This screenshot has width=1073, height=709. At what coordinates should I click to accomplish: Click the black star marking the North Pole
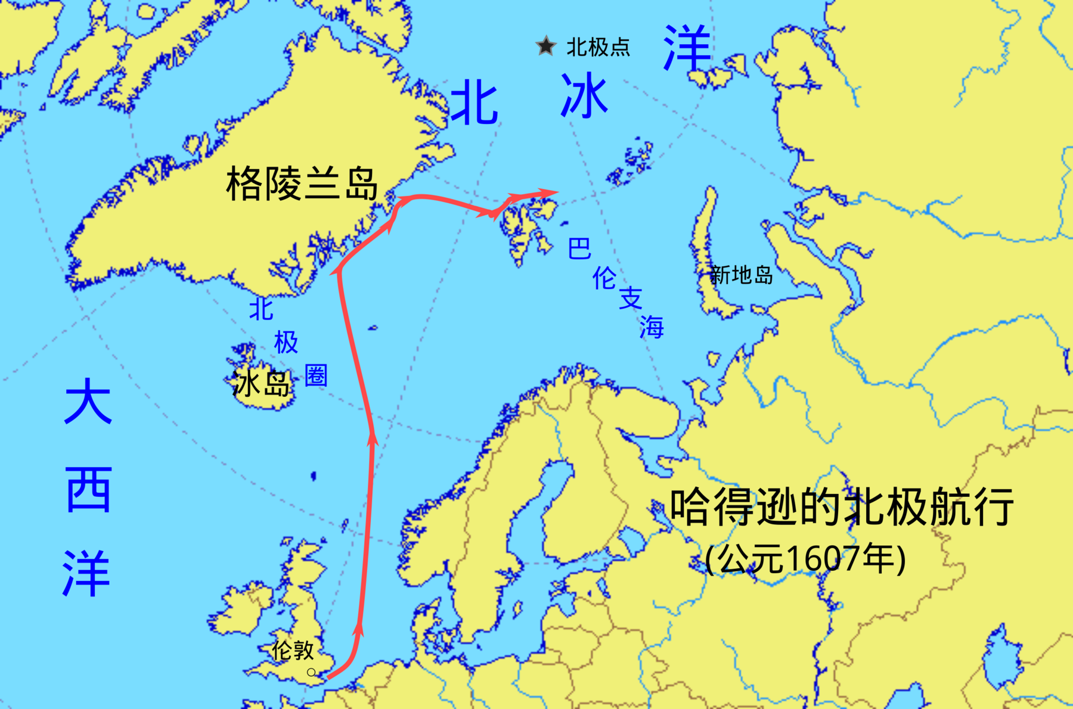[x=545, y=46]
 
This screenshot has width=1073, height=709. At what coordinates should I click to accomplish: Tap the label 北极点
[x=598, y=47]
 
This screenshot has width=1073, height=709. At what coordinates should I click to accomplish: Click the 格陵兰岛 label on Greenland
[x=302, y=184]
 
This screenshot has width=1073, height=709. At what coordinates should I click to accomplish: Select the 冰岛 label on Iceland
[x=261, y=383]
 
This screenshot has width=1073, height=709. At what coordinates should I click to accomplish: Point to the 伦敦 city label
[x=293, y=650]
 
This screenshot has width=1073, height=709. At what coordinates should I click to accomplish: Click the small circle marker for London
[x=311, y=672]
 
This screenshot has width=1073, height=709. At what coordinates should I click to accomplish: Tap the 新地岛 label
[x=741, y=275]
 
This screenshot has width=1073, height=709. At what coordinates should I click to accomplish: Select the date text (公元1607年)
[x=805, y=559]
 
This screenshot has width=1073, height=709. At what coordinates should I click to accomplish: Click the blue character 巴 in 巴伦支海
[x=579, y=248]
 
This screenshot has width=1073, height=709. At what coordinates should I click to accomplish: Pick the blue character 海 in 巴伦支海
[x=652, y=326]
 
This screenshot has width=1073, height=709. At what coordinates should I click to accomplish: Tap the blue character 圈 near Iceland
[x=316, y=375]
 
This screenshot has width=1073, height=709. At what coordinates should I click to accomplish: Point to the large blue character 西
[x=88, y=490]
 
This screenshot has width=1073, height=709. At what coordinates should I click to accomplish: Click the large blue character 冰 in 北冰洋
[x=584, y=95]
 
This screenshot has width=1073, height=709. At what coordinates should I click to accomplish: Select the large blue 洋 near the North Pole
[x=687, y=48]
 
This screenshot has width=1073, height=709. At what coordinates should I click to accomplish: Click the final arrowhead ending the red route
[x=551, y=192]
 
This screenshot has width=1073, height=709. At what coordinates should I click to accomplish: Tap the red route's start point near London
[x=329, y=677]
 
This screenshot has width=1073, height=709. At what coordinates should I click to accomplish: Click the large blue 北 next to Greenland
[x=474, y=104]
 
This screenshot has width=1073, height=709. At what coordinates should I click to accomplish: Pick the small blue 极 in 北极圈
[x=286, y=343]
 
